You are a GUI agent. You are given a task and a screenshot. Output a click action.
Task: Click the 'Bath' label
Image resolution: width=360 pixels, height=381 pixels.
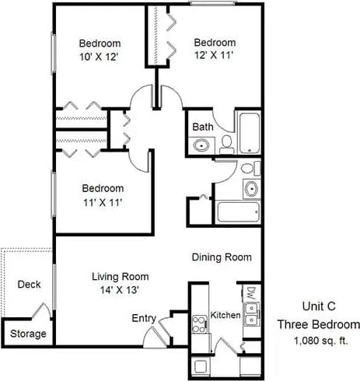tap(203, 126)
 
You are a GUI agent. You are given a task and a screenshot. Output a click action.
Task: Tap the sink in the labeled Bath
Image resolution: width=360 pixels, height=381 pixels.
tap(201, 145)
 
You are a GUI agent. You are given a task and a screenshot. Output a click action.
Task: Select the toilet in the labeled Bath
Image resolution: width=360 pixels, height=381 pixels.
tap(226, 142)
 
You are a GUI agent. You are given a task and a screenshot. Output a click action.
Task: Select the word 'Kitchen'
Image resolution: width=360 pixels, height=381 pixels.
tap(225, 316)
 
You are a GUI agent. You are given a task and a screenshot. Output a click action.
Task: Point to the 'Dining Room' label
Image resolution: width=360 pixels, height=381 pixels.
tap(222, 257)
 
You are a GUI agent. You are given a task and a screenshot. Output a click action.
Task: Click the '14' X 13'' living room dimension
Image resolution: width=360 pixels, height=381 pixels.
tap(120, 290)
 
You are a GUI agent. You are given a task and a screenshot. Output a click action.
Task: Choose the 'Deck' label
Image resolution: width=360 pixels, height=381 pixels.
tap(29, 285)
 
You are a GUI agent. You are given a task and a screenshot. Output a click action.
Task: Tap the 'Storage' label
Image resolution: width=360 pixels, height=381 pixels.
tap(28, 334)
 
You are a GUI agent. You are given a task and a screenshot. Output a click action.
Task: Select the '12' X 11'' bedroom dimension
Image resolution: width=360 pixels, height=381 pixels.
tap(214, 55)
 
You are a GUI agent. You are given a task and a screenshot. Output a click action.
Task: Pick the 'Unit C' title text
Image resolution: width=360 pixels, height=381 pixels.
tap(319, 307)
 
